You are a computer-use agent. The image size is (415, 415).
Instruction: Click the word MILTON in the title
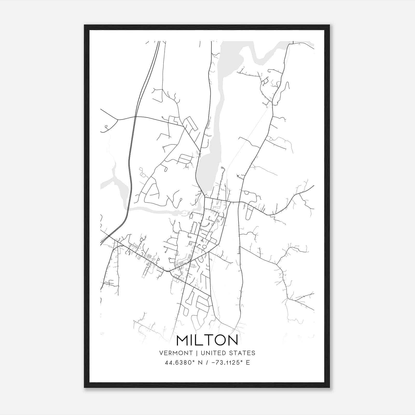pos(207,340)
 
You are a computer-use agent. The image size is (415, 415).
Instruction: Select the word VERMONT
pos(176,353)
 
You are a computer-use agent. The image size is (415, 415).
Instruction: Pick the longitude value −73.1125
pos(225,363)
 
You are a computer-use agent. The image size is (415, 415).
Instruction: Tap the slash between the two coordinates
pos(206,363)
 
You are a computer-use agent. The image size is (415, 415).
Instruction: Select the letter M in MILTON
pos(182,340)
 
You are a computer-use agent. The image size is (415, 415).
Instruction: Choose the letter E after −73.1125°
pos(248,363)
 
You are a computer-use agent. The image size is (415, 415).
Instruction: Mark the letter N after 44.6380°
pos(200,363)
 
